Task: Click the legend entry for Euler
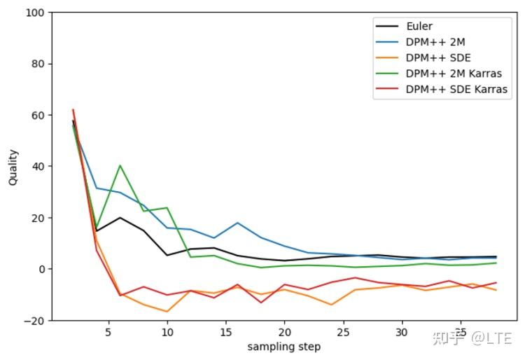point(420,27)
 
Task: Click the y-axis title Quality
point(13,167)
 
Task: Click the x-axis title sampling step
point(283,347)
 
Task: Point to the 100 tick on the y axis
point(36,13)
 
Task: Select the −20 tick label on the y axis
point(35,320)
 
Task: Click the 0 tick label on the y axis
point(41,269)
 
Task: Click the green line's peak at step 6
point(120,165)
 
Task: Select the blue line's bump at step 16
point(237,223)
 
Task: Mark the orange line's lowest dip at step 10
point(167,312)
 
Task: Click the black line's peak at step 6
point(120,217)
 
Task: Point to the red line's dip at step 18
point(261,303)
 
